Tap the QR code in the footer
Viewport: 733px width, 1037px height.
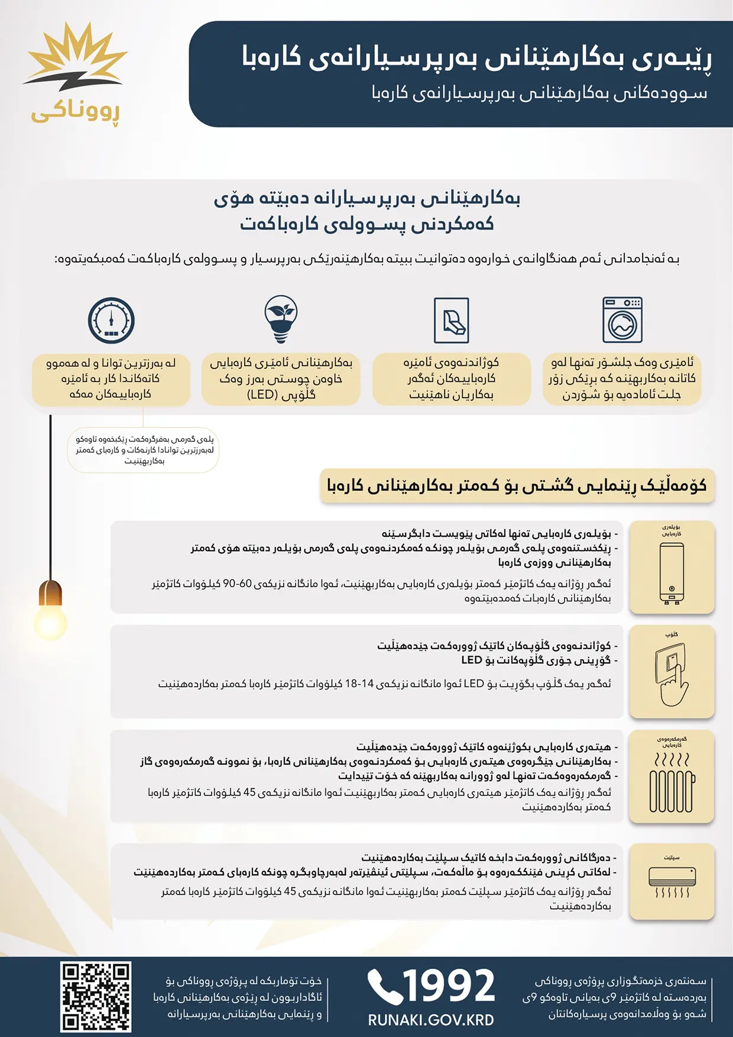(96, 997)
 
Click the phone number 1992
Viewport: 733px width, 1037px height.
(449, 986)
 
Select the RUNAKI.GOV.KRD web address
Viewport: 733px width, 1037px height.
(431, 1020)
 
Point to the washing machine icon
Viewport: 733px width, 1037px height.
(622, 320)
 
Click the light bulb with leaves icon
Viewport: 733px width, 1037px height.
(281, 319)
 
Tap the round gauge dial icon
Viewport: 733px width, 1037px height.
(111, 320)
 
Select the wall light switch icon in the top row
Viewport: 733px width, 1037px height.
(452, 320)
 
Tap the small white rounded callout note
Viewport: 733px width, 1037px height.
(144, 450)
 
